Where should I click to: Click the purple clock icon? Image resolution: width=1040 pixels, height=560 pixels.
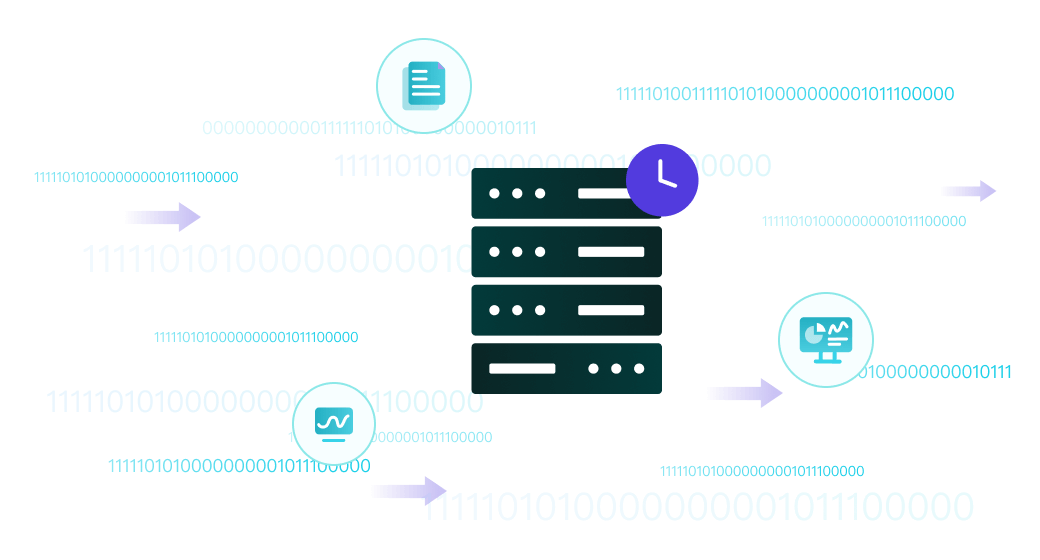[x=662, y=180]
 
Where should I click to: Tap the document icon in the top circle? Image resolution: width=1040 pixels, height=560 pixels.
[x=423, y=86]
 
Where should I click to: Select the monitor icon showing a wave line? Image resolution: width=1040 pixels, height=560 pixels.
[x=333, y=424]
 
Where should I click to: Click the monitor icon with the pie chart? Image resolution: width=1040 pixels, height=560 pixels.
[x=825, y=340]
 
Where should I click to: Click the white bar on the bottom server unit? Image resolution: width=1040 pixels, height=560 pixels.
[x=522, y=369]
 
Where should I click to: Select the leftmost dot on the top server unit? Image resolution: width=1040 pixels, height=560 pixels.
[x=493, y=193]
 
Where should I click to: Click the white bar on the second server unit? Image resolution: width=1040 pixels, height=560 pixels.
[x=611, y=252]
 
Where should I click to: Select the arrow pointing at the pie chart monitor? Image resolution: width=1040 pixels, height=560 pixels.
[x=744, y=393]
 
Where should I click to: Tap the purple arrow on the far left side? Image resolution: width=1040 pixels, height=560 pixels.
[x=162, y=217]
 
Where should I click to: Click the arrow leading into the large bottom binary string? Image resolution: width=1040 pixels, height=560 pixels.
[x=408, y=490]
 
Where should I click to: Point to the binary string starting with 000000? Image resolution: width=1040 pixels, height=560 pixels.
[x=369, y=128]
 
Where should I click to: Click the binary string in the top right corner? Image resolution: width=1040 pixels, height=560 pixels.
[x=784, y=94]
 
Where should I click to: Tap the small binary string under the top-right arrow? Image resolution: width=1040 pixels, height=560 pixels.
[x=864, y=221]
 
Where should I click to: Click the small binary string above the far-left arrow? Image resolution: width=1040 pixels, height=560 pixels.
[x=136, y=177]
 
